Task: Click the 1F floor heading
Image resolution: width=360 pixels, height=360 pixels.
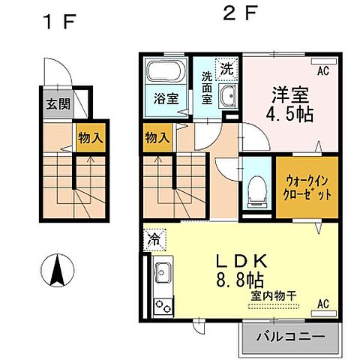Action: click(x=58, y=22)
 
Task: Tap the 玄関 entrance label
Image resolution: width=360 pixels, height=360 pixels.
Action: click(x=54, y=104)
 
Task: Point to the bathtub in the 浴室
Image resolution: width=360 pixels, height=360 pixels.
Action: click(x=163, y=73)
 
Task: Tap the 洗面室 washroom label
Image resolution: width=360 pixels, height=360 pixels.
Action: click(x=206, y=89)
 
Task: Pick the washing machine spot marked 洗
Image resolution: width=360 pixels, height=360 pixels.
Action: click(x=225, y=67)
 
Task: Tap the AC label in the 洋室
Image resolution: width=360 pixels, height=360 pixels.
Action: click(x=322, y=72)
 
